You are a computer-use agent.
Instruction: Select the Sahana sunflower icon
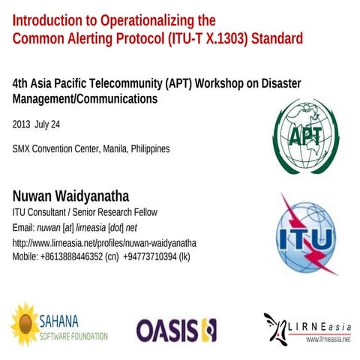pyautogui.click(x=25, y=322)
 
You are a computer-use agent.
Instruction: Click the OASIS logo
pyautogui.click(x=177, y=328)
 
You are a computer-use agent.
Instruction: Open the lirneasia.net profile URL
pyautogui.click(x=104, y=243)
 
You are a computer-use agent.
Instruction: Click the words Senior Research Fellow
pyautogui.click(x=133, y=212)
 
